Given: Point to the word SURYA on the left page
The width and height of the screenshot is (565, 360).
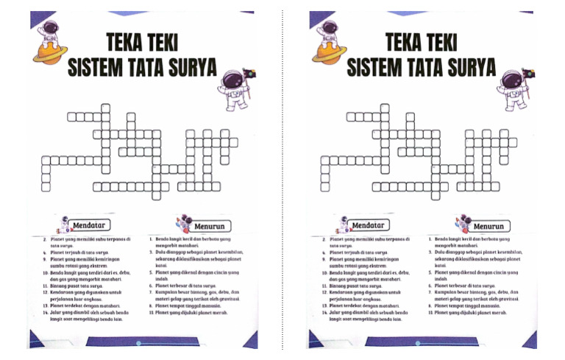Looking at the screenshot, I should (189, 68).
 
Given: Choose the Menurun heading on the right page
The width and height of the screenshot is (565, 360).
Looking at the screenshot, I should (488, 227).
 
